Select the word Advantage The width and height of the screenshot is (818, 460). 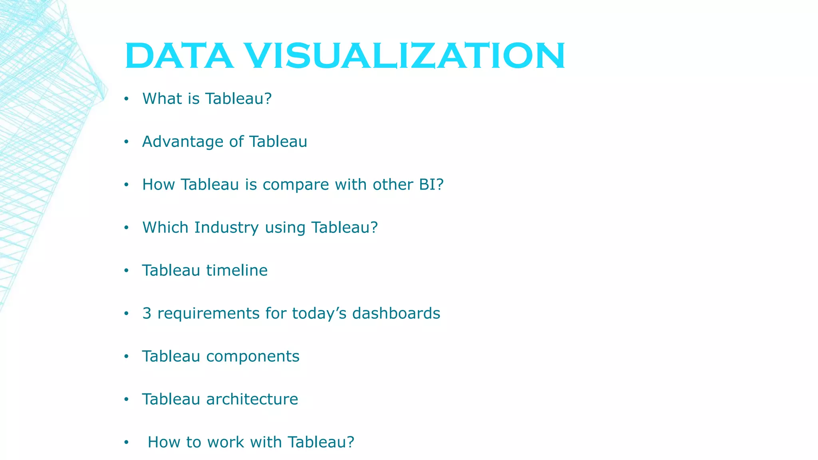click(183, 142)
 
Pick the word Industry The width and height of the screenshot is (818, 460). click(226, 228)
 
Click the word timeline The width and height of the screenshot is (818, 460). click(237, 270)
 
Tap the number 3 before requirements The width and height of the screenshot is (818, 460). click(147, 313)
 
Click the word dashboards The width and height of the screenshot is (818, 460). click(396, 313)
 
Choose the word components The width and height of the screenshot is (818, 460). click(253, 357)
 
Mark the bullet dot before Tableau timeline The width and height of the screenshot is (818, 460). click(126, 271)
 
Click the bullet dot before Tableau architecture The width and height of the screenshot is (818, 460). click(126, 400)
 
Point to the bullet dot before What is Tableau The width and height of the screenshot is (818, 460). click(126, 99)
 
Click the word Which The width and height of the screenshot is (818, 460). click(165, 228)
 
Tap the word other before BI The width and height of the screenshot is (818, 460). click(392, 184)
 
